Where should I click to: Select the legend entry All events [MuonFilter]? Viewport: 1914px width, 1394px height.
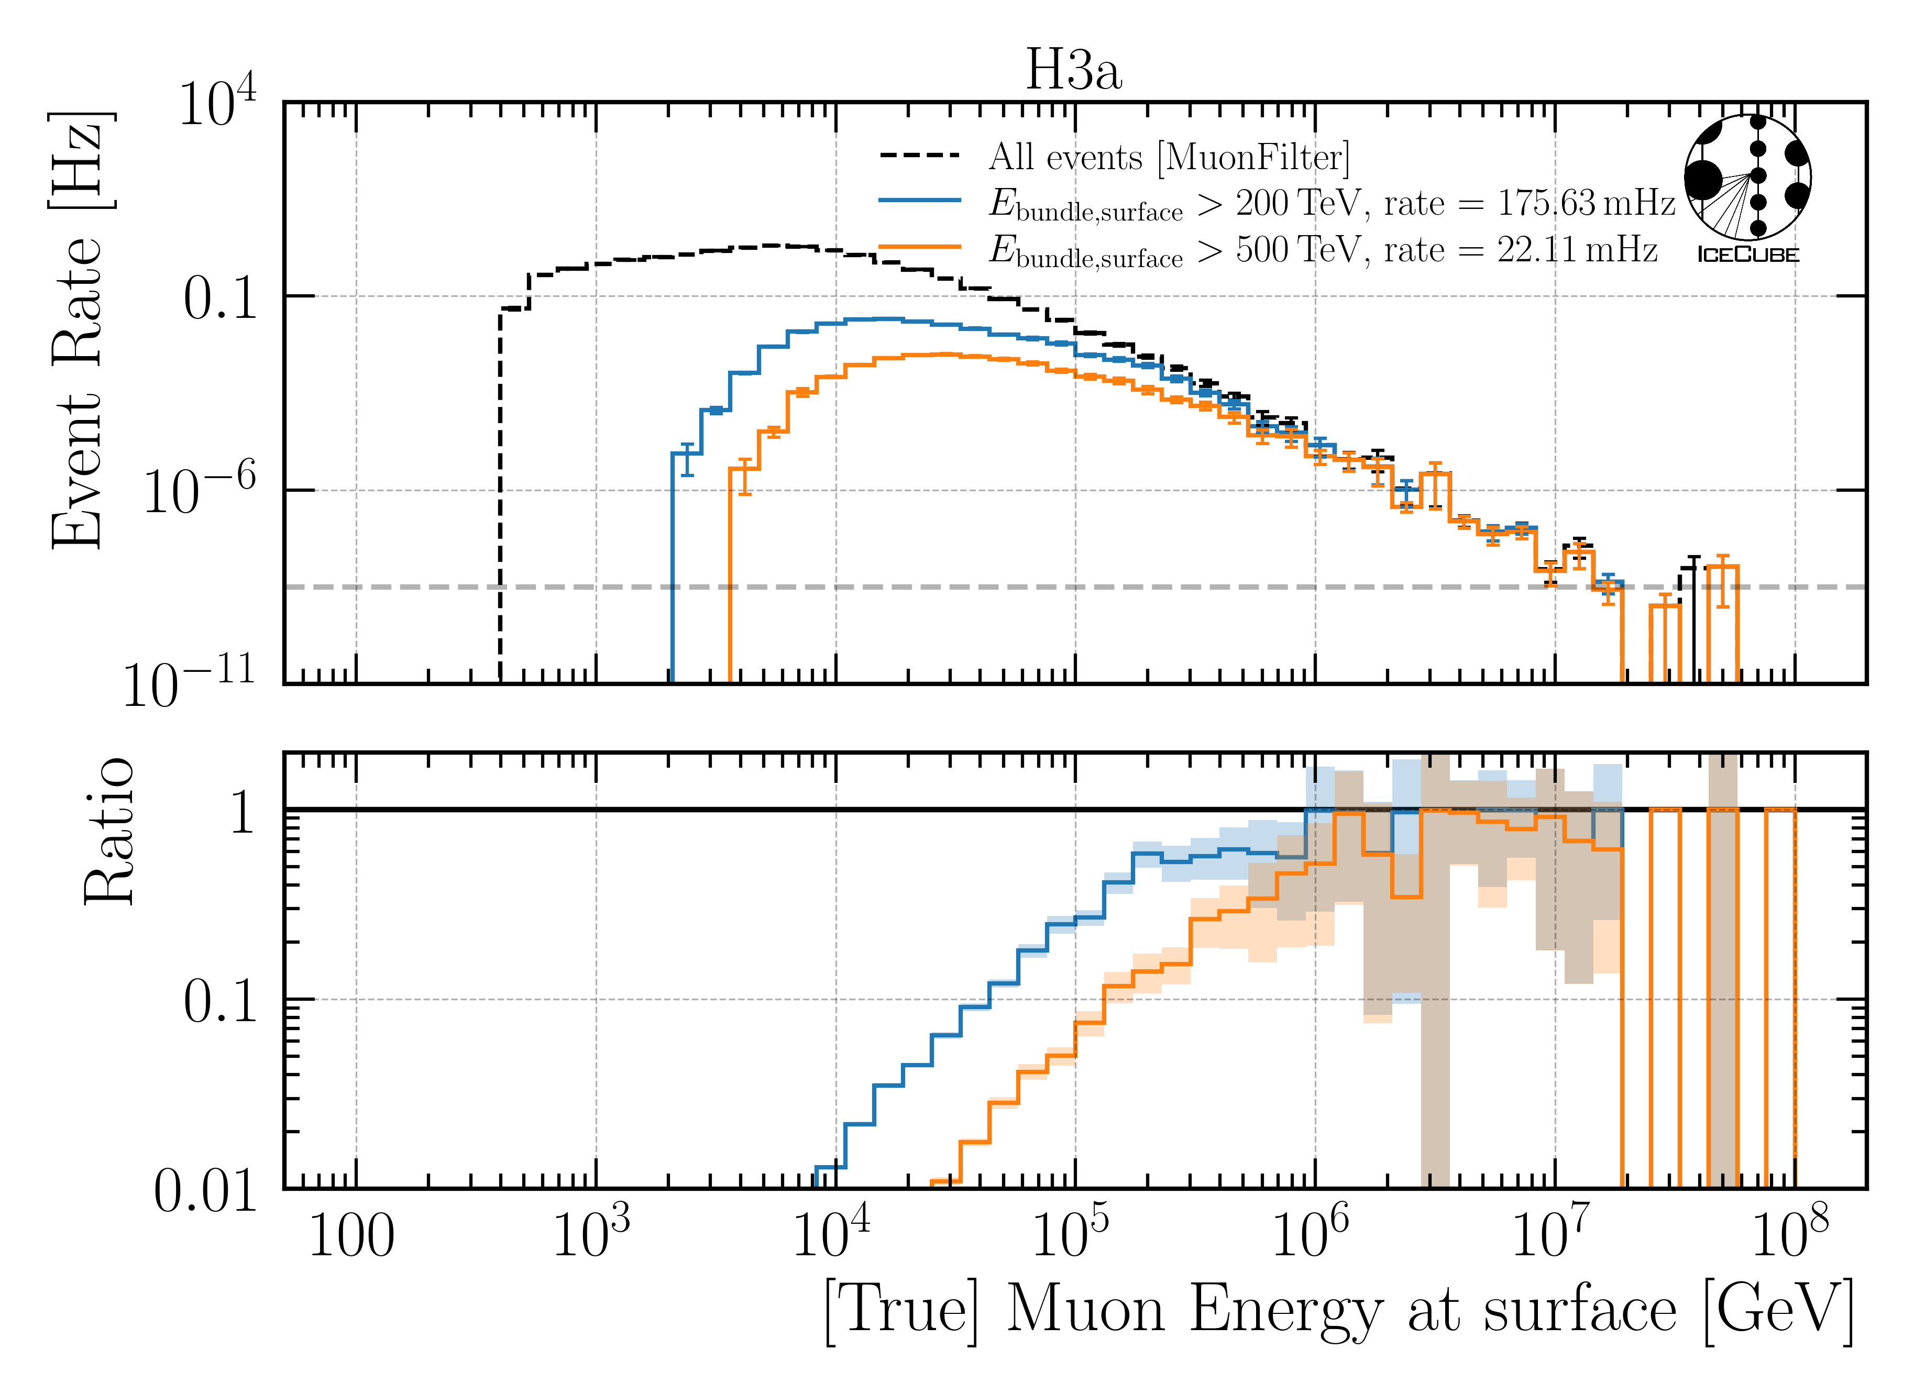point(1169,157)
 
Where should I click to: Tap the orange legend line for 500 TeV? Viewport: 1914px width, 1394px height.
point(920,247)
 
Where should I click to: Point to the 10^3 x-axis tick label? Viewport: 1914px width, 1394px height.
point(591,1234)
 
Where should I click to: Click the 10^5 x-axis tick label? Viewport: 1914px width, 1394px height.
point(1070,1234)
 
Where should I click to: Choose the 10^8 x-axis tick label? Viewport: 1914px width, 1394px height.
point(1790,1234)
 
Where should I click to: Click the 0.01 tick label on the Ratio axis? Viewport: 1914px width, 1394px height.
point(205,1191)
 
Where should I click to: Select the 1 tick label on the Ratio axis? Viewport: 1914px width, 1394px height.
point(242,813)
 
